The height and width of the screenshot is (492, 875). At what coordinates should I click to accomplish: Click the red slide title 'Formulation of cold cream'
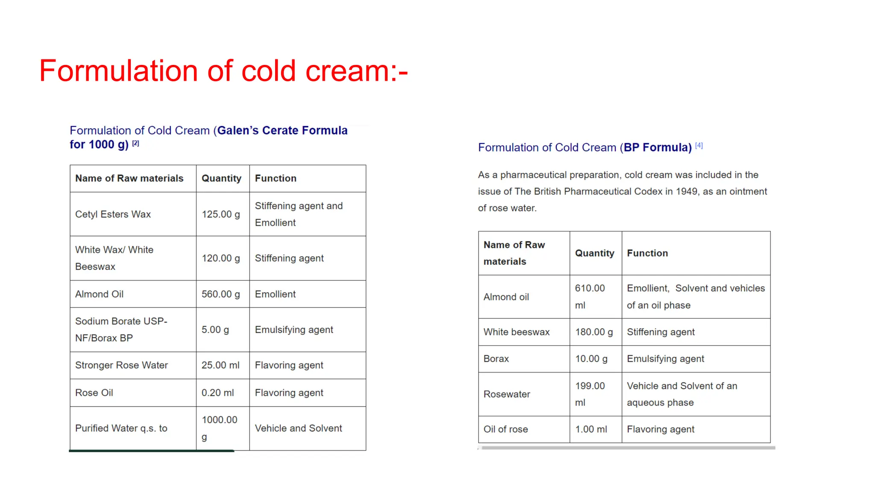click(223, 71)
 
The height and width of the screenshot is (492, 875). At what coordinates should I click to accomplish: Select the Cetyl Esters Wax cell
click(113, 214)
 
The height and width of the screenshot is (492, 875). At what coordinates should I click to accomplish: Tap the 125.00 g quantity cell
click(221, 214)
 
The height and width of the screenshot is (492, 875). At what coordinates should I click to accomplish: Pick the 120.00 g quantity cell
click(221, 258)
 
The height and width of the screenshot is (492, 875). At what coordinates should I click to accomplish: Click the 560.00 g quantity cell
click(221, 294)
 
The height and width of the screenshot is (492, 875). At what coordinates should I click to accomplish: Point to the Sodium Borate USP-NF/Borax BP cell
click(121, 330)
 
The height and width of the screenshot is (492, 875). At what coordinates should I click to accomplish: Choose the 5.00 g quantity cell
click(215, 330)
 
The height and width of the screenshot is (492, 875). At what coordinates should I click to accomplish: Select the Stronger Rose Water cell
click(121, 366)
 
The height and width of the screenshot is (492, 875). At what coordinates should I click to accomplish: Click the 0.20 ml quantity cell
click(218, 393)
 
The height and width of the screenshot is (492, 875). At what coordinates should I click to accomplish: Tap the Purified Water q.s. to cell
click(121, 428)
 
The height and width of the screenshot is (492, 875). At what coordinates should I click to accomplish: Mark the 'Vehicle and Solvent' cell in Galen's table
click(298, 428)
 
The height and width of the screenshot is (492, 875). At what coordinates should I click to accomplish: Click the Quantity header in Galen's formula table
click(221, 179)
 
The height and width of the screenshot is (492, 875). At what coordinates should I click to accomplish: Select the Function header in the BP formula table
click(647, 253)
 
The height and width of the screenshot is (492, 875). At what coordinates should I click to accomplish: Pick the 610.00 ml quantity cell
click(590, 297)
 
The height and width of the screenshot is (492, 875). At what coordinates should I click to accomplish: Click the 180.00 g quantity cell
click(594, 332)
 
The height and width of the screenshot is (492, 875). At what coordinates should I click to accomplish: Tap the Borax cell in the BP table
click(496, 359)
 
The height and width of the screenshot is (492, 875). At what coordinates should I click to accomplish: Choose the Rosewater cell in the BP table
click(507, 395)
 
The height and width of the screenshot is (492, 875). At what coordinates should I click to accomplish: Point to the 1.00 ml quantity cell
click(591, 430)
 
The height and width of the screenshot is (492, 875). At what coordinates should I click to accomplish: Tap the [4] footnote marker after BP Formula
click(699, 146)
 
